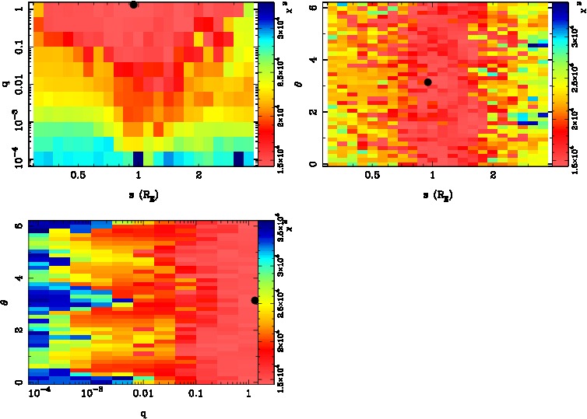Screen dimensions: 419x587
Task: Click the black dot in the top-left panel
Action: [x=134, y=5]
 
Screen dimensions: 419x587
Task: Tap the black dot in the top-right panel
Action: [x=427, y=82]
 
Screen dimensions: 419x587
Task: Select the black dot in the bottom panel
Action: [x=255, y=300]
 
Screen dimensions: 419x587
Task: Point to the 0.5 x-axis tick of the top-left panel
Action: [x=78, y=176]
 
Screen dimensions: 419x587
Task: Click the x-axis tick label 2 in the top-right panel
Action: [x=494, y=176]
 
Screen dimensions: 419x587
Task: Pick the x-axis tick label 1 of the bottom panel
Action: [x=248, y=395]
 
